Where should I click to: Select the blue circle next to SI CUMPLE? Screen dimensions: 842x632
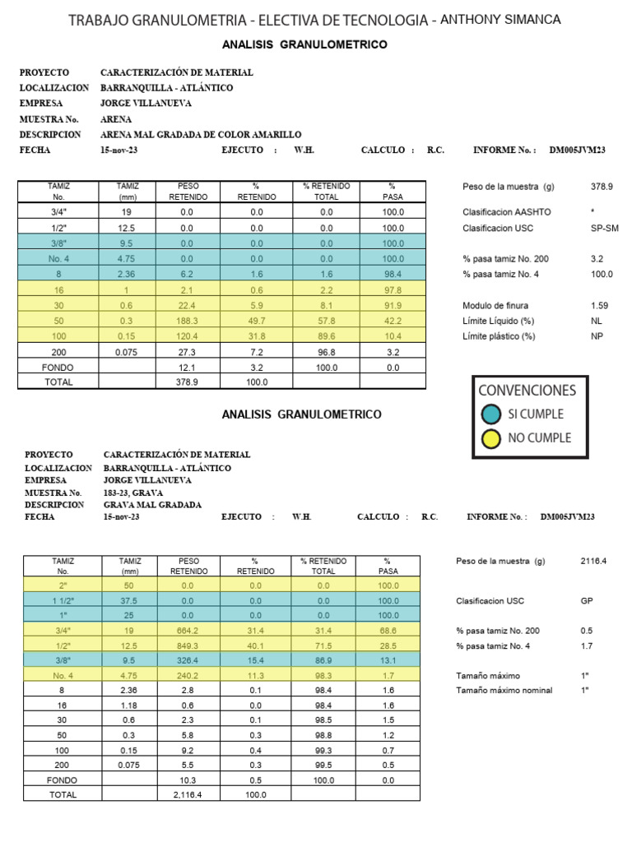click(x=490, y=414)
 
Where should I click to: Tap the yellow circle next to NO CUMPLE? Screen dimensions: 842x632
click(x=490, y=438)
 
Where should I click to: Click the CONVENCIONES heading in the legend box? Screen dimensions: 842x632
click(x=527, y=390)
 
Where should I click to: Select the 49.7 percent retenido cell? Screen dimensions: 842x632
click(x=256, y=321)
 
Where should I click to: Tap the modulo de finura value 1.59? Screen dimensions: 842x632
click(x=599, y=305)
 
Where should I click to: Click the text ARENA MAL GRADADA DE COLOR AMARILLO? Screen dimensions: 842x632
click(x=201, y=134)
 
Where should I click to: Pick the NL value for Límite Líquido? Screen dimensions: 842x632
click(x=597, y=321)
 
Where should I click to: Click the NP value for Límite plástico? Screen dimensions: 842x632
click(x=597, y=335)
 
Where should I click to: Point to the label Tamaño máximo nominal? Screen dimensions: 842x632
click(x=504, y=690)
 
